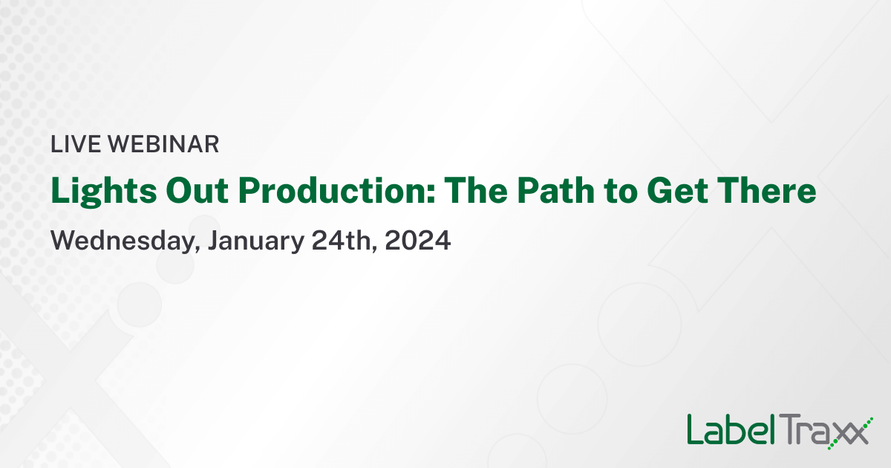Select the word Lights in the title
93,192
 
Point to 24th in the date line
342,241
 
